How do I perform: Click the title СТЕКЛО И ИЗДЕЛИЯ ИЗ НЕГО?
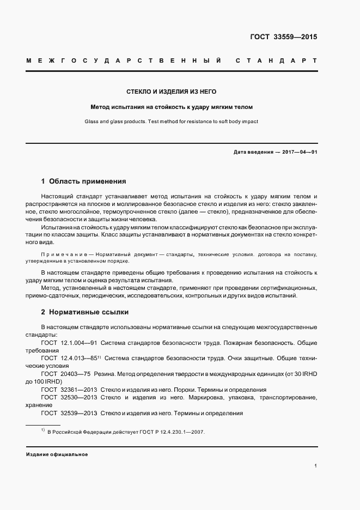[172, 92]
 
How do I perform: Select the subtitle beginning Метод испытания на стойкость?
[172, 107]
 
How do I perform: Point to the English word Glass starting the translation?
[93, 122]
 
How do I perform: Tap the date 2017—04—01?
[299, 152]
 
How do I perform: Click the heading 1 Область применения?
[84, 181]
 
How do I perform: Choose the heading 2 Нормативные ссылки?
[85, 312]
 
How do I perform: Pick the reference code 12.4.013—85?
[78, 359]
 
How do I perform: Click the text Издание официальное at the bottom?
[57, 454]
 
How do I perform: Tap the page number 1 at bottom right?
[316, 466]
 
